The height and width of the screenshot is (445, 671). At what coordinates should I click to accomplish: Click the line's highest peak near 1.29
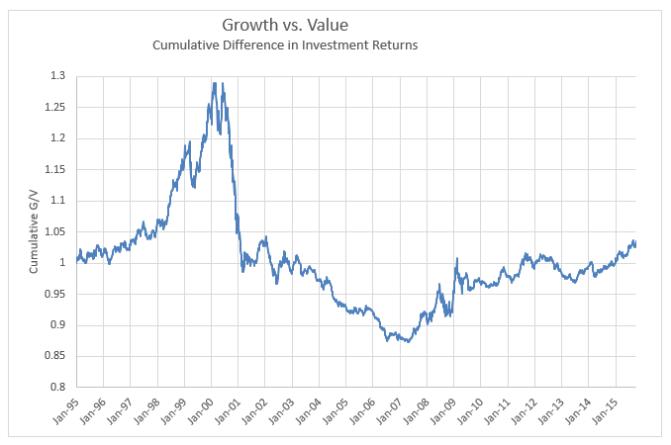pos(214,83)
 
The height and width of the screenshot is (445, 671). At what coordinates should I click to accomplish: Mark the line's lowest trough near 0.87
pos(407,341)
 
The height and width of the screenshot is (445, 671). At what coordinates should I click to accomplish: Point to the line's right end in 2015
pos(635,243)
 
